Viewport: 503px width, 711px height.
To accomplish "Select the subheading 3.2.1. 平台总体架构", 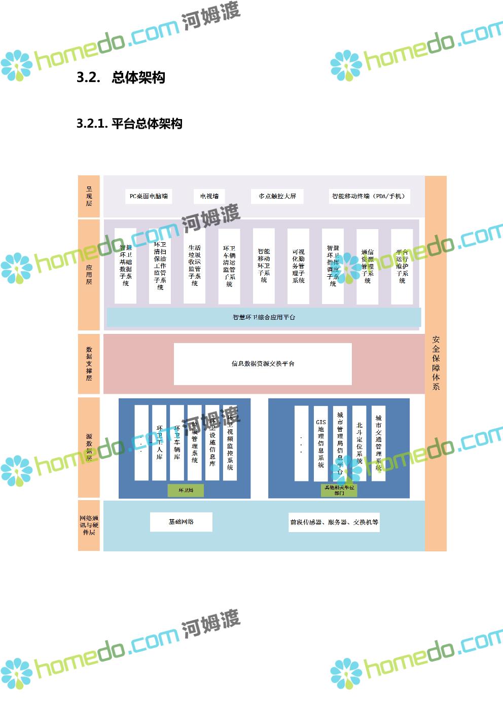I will pos(129,124).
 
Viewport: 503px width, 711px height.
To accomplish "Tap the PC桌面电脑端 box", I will pos(149,196).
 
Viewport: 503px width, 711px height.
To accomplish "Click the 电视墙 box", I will pos(209,196).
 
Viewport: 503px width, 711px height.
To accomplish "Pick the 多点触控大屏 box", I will pos(277,196).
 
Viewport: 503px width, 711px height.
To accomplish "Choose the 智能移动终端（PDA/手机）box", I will pos(369,196).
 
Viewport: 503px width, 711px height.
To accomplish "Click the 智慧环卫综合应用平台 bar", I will pos(264,317).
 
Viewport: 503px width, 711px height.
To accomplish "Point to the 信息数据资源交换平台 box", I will pos(263,363).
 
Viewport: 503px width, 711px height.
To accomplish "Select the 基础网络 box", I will pos(181,521).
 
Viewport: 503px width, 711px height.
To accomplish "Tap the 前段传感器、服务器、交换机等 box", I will pos(334,522).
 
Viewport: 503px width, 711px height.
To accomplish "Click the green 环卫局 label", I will pos(186,490).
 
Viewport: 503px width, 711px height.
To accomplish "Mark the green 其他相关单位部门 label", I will pos(339,490).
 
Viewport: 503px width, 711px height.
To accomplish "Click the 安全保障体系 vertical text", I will pos(436,363).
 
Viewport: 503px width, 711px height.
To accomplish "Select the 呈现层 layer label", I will pos(89,196).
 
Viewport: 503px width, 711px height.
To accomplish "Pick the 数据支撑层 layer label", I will pos(89,363).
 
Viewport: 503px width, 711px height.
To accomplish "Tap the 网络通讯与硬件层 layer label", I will pos(89,525).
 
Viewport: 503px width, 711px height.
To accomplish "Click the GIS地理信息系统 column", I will pos(320,443).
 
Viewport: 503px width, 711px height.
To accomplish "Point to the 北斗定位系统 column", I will pos(359,443).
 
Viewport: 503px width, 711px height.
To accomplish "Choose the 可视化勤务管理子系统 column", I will pos(298,266).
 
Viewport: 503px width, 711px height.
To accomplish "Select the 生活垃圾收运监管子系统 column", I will pos(195,266).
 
